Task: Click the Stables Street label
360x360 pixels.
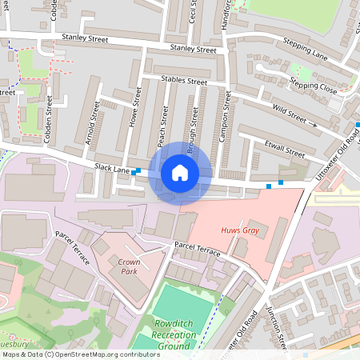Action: [184, 81]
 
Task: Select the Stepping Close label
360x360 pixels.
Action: [314, 86]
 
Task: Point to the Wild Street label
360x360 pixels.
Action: [290, 113]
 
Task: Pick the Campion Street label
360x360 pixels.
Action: [226, 117]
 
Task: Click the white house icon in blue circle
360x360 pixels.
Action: [180, 173]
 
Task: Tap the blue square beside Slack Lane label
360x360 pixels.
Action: [138, 171]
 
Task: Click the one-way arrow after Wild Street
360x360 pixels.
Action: [314, 124]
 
